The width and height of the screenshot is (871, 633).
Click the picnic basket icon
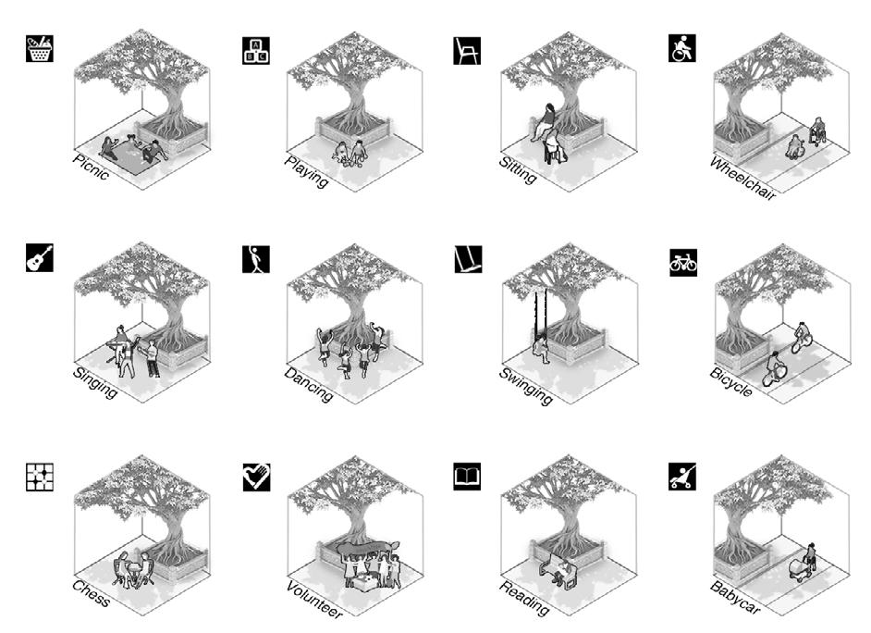point(40,49)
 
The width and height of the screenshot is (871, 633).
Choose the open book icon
point(468,478)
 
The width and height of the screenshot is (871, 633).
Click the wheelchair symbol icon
point(681,48)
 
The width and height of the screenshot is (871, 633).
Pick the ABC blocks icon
point(254,50)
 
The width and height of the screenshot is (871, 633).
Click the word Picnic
point(91,169)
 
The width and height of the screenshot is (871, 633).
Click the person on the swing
point(540,348)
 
